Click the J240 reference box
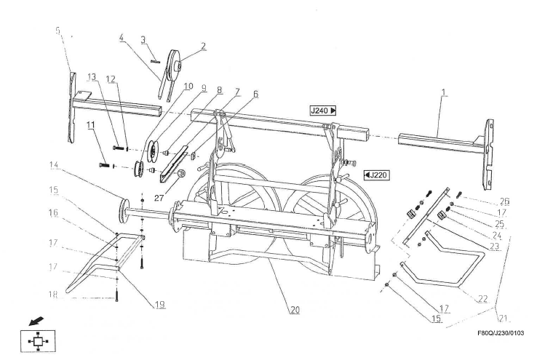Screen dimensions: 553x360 pos(323,111)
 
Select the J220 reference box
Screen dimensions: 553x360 pos(377,175)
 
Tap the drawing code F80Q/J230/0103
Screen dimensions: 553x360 pos(501,333)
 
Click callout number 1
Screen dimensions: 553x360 pos(444,93)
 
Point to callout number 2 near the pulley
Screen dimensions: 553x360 pos(203,46)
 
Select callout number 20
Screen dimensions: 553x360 pos(295,310)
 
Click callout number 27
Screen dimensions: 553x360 pos(159,198)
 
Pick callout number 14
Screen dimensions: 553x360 pos(53,164)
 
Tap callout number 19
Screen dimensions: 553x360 pos(160,304)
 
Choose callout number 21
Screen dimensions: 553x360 pos(504,319)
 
